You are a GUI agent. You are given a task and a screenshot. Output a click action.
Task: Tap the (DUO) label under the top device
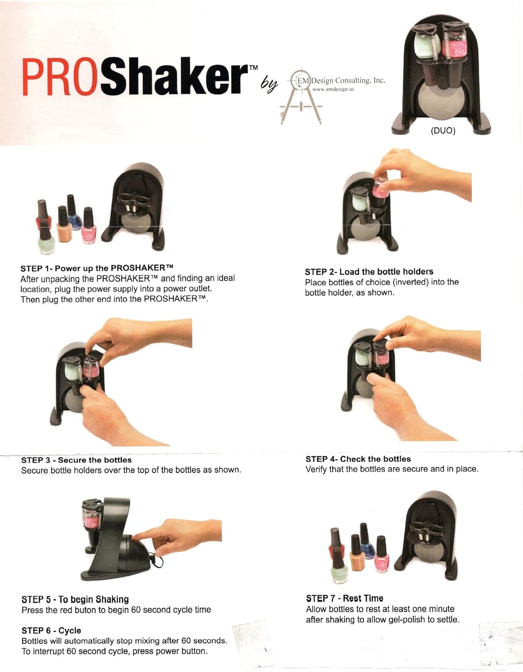click(x=443, y=131)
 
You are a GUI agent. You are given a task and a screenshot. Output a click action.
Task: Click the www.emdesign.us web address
click(x=333, y=89)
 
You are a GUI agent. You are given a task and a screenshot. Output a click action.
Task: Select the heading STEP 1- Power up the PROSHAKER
click(x=97, y=268)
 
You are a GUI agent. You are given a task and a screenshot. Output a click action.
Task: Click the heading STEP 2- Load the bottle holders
click(x=369, y=271)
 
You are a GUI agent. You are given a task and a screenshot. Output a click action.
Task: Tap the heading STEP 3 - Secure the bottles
click(x=76, y=460)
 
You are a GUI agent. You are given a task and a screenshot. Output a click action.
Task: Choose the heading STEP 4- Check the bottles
click(x=358, y=459)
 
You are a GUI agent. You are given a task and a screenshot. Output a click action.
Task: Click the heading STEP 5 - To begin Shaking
click(x=75, y=599)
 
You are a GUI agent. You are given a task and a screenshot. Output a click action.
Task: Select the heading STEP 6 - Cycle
click(x=51, y=631)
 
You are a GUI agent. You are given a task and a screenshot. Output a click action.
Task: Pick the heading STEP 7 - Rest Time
click(x=344, y=599)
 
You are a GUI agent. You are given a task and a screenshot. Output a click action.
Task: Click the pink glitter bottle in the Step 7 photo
click(x=381, y=555)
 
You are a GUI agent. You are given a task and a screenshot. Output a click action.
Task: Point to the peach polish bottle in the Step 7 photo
click(x=357, y=555)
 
